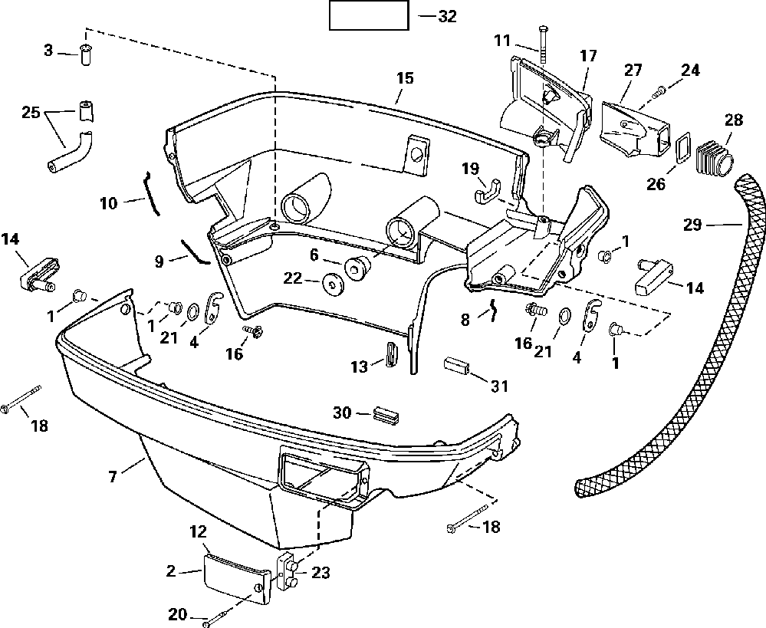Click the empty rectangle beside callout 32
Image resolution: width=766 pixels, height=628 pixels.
tap(369, 15)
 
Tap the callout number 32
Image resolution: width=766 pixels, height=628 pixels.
tap(447, 16)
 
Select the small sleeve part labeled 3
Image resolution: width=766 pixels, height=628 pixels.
tap(86, 54)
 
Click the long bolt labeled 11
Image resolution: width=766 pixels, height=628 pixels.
tap(543, 44)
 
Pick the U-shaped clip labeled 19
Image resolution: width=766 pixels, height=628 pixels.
tap(486, 189)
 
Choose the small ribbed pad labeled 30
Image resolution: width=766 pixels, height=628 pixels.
tap(386, 413)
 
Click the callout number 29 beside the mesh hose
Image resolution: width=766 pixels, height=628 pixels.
tap(692, 225)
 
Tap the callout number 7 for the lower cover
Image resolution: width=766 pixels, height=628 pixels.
tap(113, 475)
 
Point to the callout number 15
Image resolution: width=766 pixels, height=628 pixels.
tap(405, 78)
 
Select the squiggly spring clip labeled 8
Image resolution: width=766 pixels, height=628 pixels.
tap(493, 310)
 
